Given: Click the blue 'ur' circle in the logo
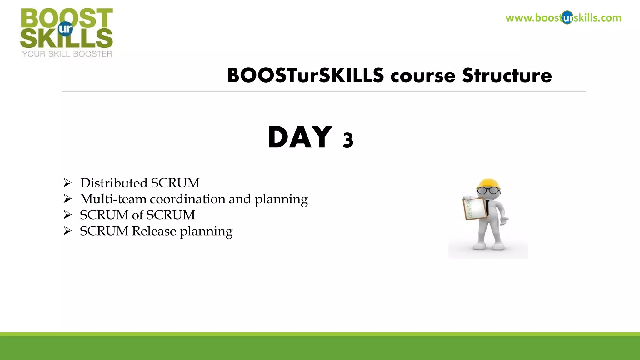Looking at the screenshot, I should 65,29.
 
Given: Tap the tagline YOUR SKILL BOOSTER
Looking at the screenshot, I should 67,54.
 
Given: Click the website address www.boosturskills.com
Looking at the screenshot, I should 563,18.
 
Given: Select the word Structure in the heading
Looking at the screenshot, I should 507,76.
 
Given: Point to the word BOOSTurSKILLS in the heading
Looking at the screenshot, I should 305,76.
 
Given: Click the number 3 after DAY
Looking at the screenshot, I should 348,140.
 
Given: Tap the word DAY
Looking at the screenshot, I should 300,137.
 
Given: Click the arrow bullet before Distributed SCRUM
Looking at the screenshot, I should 67,183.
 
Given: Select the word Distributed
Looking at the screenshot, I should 114,183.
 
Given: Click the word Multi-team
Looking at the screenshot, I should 113,199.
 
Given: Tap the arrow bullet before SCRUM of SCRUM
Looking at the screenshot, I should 67,215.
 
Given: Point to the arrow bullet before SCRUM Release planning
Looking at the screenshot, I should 67,231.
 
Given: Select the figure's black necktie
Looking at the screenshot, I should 487,207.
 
